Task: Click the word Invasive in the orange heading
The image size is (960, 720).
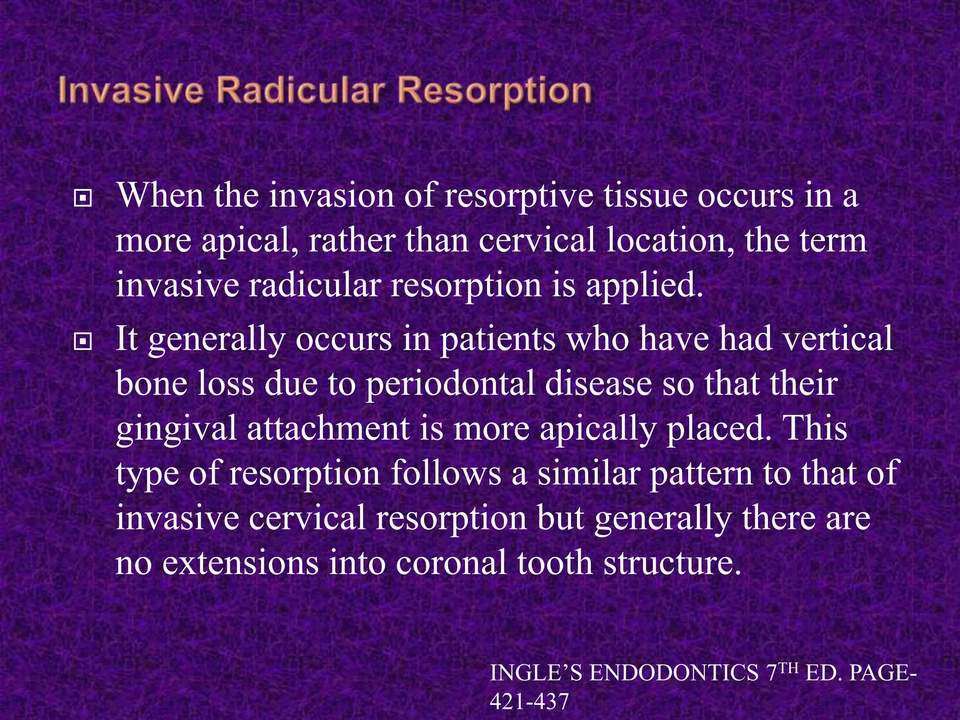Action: (131, 91)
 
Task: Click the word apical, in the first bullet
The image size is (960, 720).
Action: (250, 240)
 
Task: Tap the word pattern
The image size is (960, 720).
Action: (701, 473)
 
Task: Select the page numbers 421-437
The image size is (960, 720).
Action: (529, 702)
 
